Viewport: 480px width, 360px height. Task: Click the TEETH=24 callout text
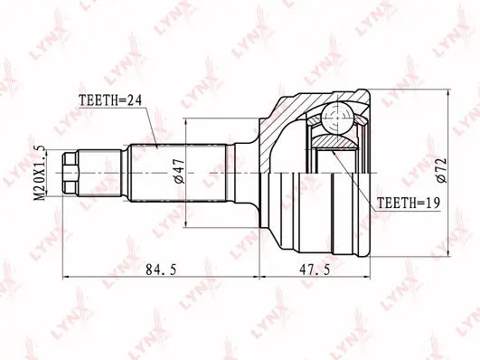110,100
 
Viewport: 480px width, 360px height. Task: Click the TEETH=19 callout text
408,203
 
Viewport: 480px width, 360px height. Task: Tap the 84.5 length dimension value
161,270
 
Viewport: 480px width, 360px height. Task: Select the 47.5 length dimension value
315,270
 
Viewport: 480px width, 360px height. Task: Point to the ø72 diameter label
442,171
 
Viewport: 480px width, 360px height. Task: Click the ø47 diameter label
179,172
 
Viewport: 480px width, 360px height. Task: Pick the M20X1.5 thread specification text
39,174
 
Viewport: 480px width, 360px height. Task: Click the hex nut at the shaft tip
71,174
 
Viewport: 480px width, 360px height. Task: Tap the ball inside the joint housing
337,118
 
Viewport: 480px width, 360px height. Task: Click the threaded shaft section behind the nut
99,174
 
